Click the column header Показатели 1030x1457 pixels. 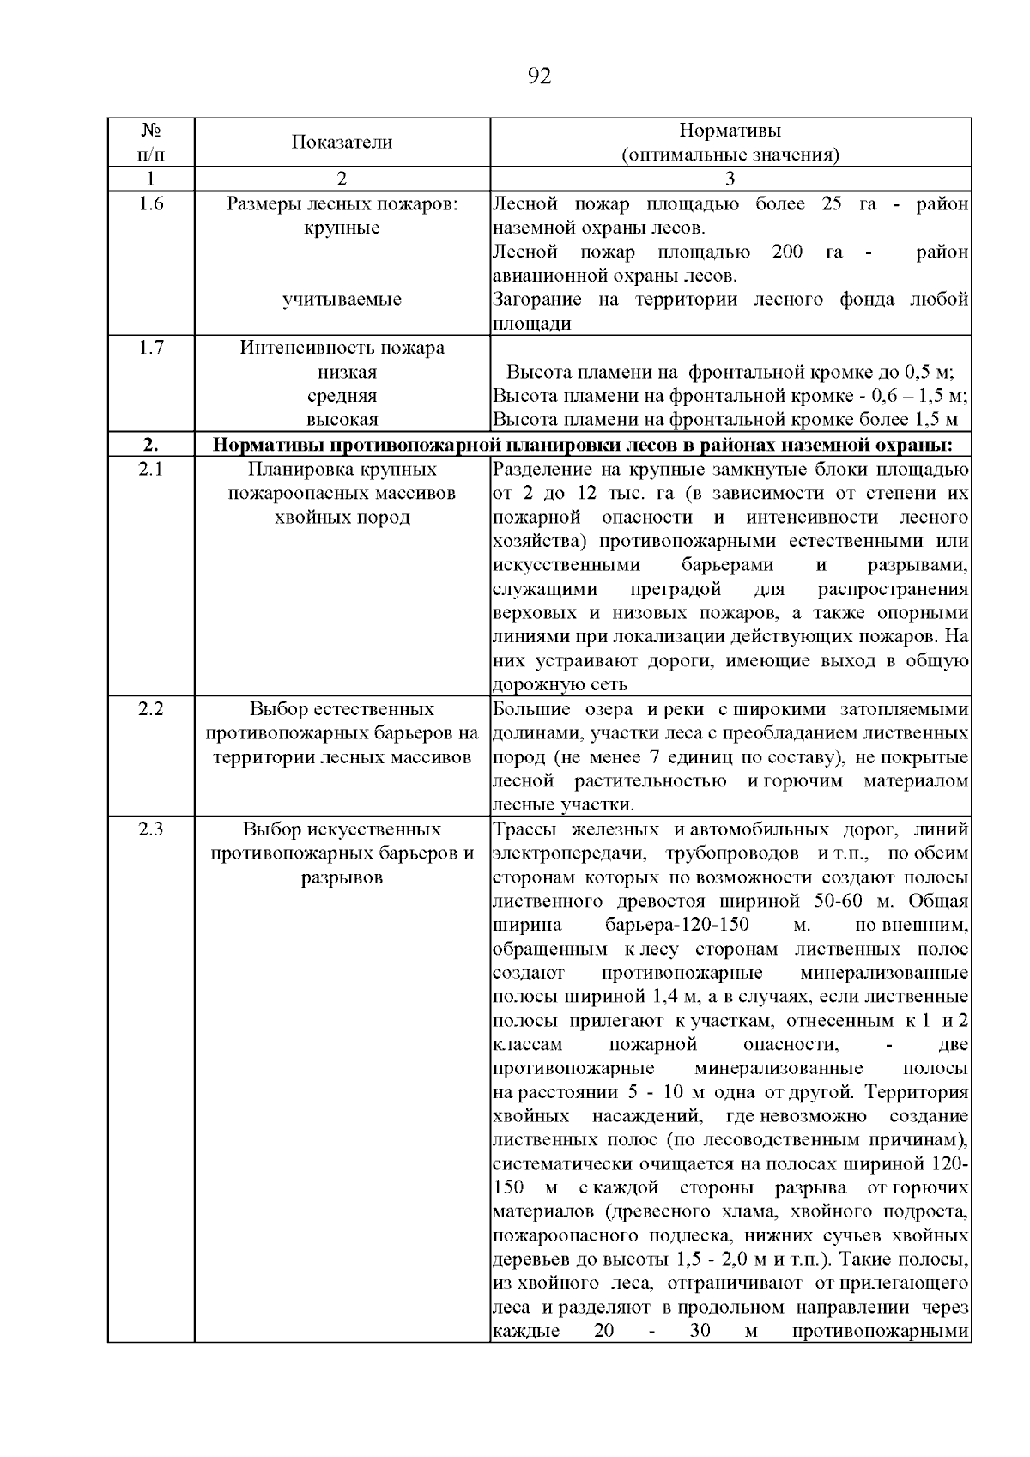point(342,143)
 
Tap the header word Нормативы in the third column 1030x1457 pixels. point(730,131)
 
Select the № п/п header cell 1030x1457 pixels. point(151,143)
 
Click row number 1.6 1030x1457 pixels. point(151,204)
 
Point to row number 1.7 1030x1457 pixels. point(151,348)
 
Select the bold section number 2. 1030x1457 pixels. point(151,445)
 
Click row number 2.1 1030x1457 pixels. point(151,470)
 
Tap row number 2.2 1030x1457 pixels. point(151,709)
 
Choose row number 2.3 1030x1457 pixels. point(151,829)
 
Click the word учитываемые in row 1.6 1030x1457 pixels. point(342,300)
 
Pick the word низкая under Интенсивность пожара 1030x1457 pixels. point(342,372)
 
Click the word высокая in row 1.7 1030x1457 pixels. point(342,420)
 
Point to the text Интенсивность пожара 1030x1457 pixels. point(342,348)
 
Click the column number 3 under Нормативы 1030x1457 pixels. point(730,179)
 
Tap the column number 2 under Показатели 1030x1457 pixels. point(342,179)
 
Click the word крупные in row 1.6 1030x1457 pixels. point(342,228)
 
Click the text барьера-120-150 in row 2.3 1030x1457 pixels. point(677,926)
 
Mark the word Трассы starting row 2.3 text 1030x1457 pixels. point(524,829)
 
